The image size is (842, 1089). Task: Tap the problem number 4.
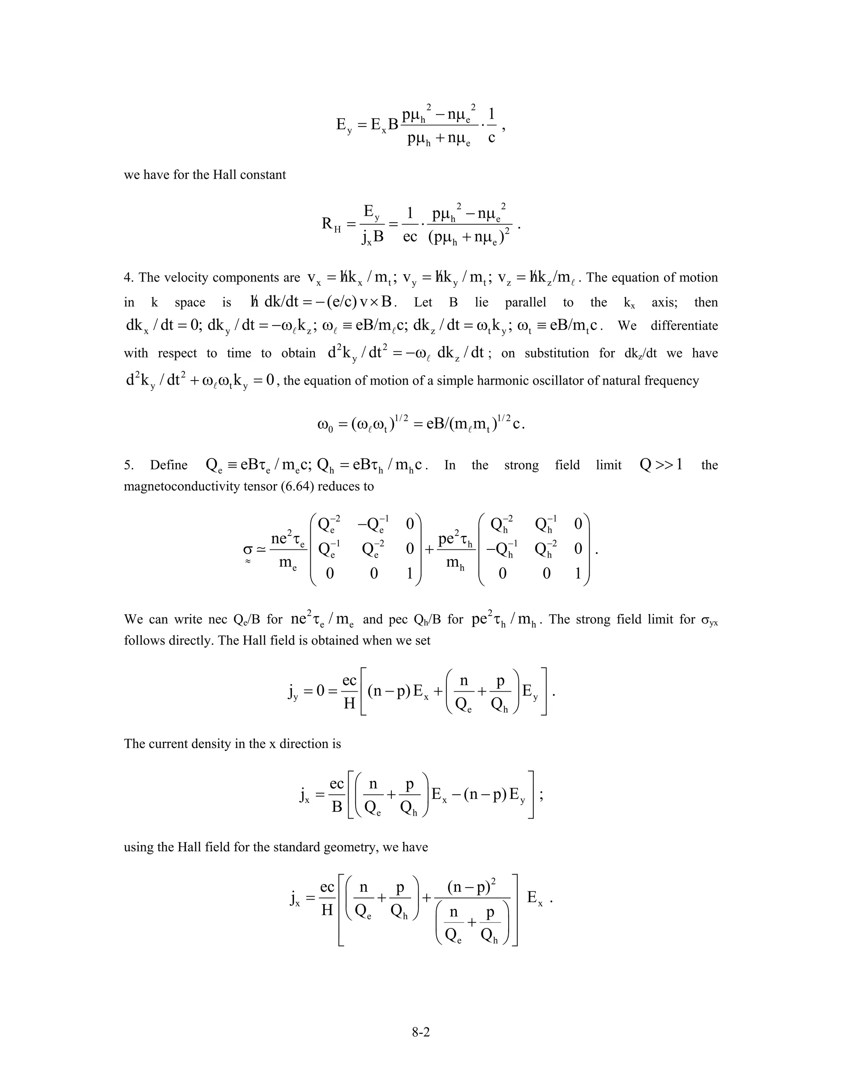127,278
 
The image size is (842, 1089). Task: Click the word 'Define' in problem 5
169,465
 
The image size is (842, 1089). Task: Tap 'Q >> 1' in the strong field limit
661,465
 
